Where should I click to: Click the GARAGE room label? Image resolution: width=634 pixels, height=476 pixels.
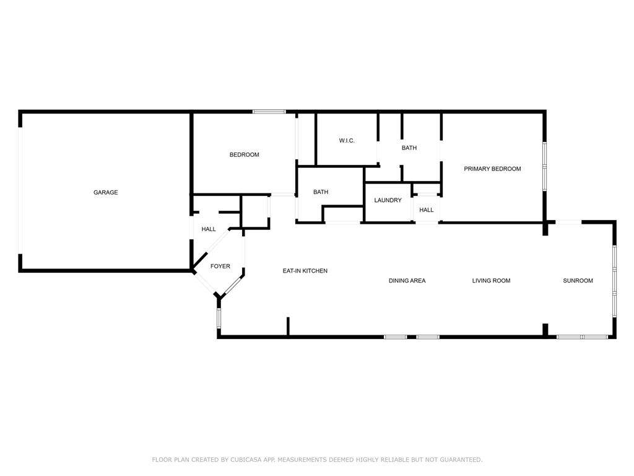coord(105,192)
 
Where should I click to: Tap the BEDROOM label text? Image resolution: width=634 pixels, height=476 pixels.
coord(244,154)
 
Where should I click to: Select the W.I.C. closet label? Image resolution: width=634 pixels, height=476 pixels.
coord(347,141)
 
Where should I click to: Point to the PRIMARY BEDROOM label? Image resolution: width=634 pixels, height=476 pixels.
coord(492,169)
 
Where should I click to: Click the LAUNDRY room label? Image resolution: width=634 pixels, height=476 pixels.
coord(388,200)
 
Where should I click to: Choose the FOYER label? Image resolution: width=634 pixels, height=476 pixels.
coord(220,266)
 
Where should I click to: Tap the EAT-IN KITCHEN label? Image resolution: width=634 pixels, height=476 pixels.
coord(305,271)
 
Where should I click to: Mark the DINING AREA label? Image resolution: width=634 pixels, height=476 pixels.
coord(407,281)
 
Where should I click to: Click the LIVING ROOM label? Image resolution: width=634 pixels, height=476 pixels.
coord(491,281)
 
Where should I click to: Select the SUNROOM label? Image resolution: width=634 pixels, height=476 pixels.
coord(578,281)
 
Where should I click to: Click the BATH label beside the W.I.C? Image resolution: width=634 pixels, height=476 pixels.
coord(409,148)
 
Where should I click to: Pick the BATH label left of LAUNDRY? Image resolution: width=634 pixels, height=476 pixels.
coord(321,192)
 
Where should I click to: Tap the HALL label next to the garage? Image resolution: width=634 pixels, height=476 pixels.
coord(209,229)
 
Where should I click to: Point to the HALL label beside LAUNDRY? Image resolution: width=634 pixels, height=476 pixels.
coord(426,209)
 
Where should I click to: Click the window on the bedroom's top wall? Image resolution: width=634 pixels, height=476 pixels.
coord(269,112)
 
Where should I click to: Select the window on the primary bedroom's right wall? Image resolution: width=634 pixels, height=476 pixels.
coord(545,166)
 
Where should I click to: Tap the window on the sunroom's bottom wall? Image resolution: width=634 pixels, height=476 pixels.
coord(582,337)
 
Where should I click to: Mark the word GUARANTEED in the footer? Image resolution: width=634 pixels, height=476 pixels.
coord(461,459)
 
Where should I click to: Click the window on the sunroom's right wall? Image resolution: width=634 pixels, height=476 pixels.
coord(614,281)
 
